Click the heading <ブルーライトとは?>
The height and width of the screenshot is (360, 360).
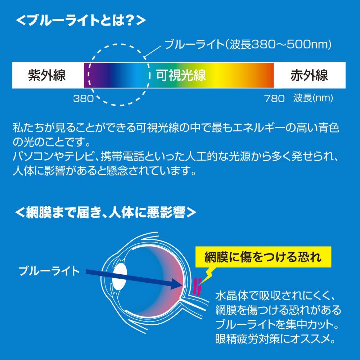coord(81,20)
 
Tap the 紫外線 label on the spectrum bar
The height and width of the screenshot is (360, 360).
coord(47,75)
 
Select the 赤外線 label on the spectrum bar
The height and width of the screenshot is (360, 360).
coord(309,75)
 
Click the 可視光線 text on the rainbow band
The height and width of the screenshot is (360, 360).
coord(181,75)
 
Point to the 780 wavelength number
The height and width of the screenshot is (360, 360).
coord(274,99)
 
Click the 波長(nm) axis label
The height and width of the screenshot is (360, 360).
coord(313,98)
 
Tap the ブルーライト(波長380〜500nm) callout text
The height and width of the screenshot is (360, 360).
coord(248,44)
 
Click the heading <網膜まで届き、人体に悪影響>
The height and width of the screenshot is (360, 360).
coord(105,212)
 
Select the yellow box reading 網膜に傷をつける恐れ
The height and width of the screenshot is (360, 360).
coord(263,257)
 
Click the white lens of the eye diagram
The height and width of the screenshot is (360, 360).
coord(120,276)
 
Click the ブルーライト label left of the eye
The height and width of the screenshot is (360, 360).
coord(49,271)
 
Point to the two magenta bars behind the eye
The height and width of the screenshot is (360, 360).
coord(197,287)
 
